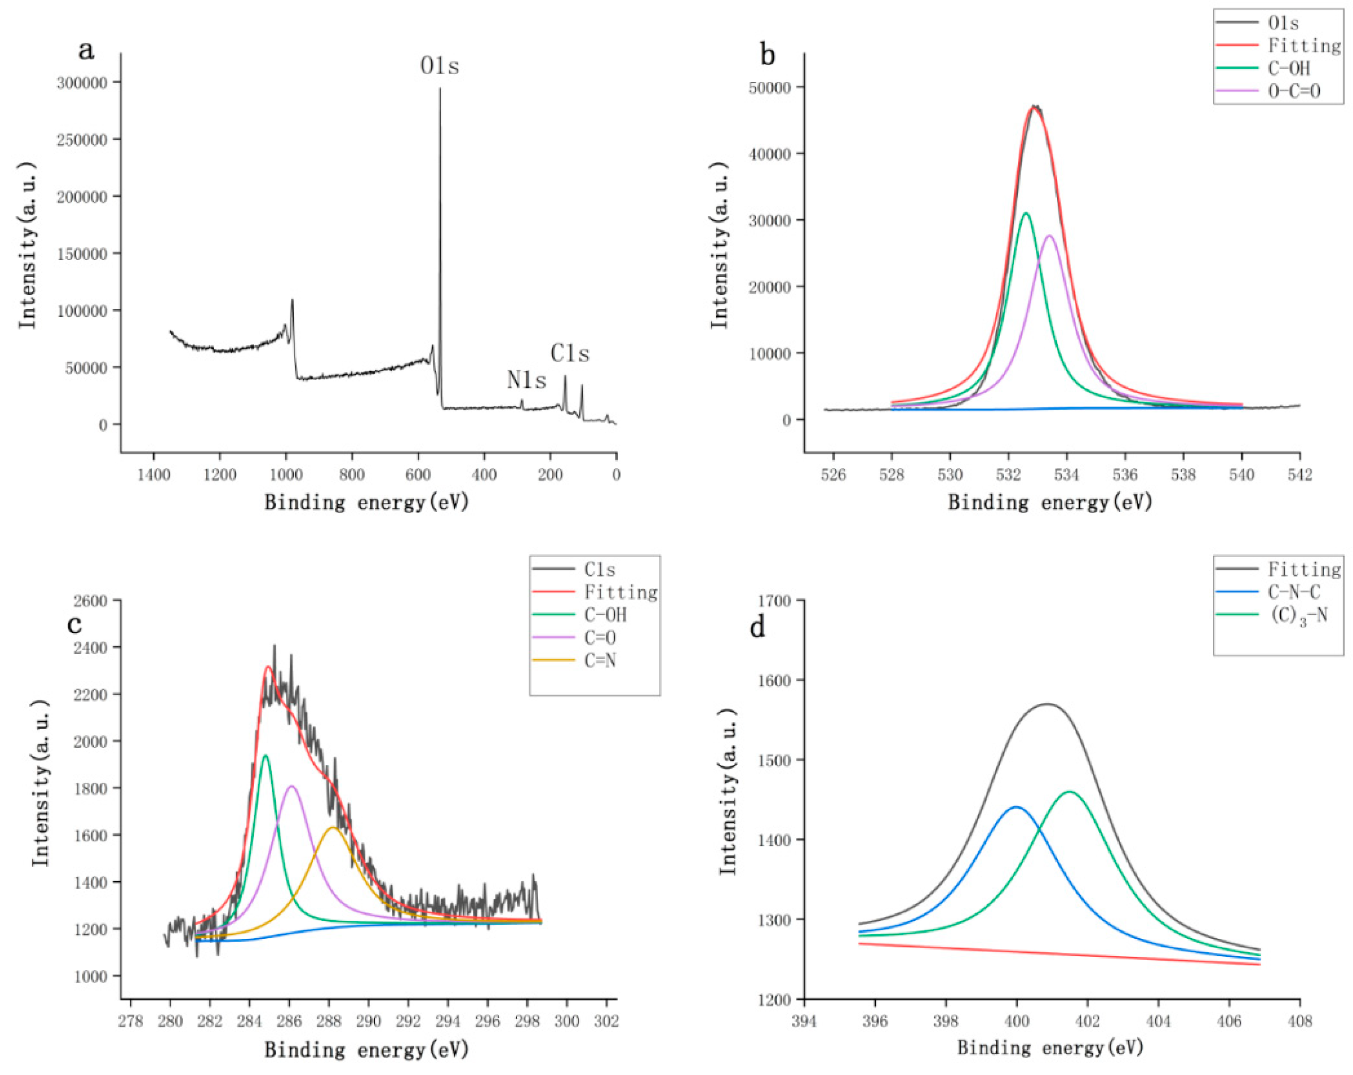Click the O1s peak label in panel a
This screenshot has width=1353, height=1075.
[439, 65]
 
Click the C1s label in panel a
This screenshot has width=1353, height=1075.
[570, 354]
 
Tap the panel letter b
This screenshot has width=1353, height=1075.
[767, 55]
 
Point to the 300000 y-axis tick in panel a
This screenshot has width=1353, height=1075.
[81, 83]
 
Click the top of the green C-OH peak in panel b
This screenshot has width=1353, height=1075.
[1026, 213]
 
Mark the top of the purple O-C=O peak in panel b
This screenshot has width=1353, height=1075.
[1049, 236]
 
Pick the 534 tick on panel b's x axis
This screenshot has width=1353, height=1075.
[1067, 475]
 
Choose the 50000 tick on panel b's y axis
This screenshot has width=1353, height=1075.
[769, 87]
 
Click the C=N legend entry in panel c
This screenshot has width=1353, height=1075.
[600, 660]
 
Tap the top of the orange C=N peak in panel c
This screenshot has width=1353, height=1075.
[333, 828]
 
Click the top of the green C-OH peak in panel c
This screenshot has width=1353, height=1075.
[265, 756]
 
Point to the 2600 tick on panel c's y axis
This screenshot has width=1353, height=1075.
[90, 601]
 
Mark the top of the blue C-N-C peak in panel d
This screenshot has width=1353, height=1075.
[1016, 807]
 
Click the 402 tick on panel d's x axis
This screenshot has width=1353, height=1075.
[1087, 1021]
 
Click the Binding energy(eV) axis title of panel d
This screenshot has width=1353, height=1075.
[1051, 1048]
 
